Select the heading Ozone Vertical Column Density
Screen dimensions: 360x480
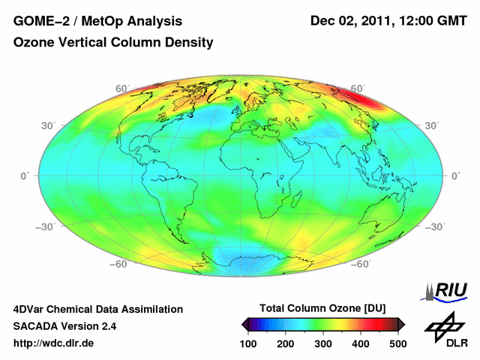click(113, 43)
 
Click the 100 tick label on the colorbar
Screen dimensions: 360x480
click(248, 343)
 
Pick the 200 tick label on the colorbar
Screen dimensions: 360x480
click(286, 343)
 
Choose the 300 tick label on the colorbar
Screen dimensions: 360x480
click(323, 343)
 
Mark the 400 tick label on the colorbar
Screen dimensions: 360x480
click(361, 343)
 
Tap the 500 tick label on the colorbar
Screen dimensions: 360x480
click(397, 343)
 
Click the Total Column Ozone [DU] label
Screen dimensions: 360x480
click(322, 308)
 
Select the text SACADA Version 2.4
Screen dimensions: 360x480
click(64, 327)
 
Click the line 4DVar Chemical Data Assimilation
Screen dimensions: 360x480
click(98, 309)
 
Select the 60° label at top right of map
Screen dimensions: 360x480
click(357, 88)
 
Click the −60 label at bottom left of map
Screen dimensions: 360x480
click(119, 264)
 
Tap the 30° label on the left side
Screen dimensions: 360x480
click(49, 125)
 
